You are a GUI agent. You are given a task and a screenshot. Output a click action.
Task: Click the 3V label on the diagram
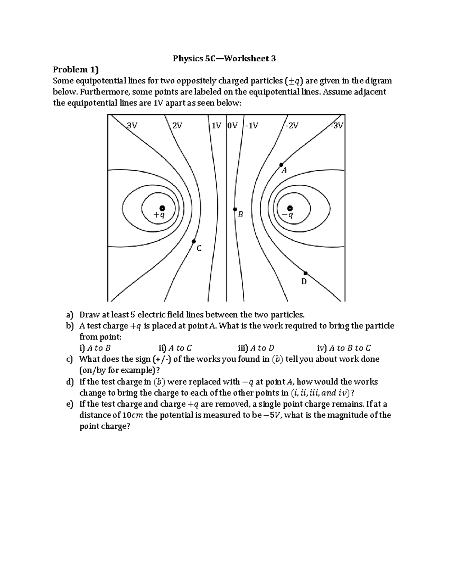132,126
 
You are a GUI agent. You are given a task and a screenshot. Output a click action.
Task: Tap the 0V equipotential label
232,126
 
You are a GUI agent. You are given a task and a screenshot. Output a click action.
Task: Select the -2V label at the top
291,126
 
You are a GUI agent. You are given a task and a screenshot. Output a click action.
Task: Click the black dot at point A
281,165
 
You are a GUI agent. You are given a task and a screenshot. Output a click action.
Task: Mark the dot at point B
235,210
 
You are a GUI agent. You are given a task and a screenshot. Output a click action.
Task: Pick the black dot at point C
194,242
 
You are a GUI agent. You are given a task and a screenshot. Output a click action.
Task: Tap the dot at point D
305,273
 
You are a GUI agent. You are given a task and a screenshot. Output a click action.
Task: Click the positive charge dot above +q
162,208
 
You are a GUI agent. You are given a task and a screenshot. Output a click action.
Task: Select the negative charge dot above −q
290,208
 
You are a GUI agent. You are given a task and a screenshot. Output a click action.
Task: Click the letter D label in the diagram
304,281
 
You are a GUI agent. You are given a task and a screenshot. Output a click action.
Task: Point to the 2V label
177,126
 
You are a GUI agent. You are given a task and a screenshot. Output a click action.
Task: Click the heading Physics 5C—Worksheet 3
224,58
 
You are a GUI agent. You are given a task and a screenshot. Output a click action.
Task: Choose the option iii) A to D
256,348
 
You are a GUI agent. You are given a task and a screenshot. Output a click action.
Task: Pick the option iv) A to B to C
344,348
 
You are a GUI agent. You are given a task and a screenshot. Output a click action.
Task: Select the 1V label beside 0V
216,126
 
